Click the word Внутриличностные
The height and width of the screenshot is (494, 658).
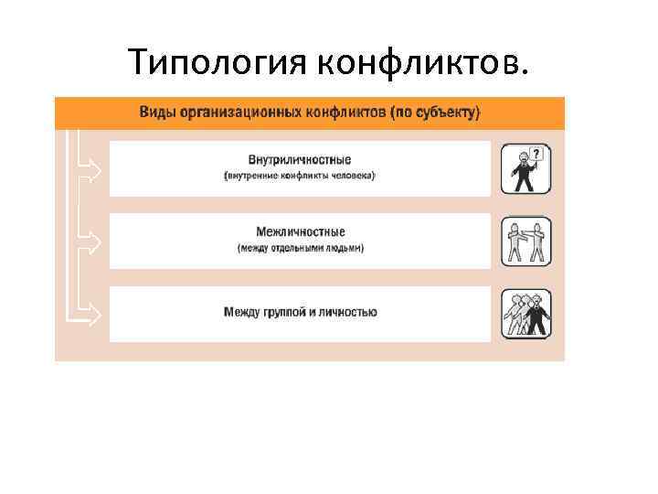click(x=299, y=160)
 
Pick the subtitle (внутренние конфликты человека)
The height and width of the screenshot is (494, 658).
click(x=300, y=175)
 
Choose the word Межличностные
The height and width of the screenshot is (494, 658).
click(x=300, y=232)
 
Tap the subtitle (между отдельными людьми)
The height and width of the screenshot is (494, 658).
click(x=300, y=248)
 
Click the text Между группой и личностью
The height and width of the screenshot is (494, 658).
click(x=300, y=313)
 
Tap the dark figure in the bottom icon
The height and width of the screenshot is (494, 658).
click(x=538, y=317)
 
